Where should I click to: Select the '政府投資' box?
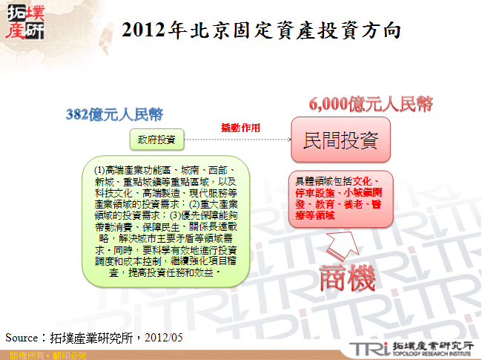pyautogui.click(x=156, y=139)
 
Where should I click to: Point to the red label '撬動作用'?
pyautogui.click(x=240, y=128)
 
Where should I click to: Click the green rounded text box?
pyautogui.click(x=166, y=223)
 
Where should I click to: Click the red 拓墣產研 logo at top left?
pyautogui.click(x=24, y=23)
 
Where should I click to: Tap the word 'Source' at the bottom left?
pyautogui.click(x=21, y=338)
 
